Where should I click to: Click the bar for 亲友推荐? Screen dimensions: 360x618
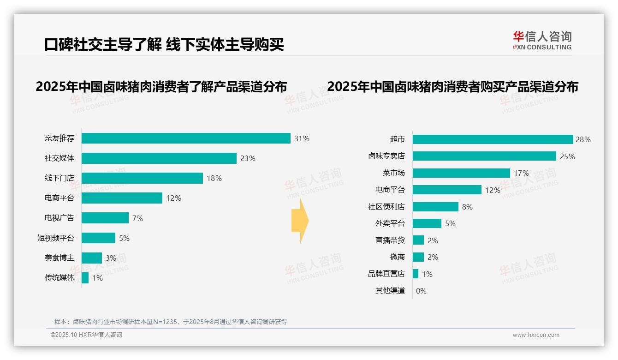pyautogui.click(x=186, y=138)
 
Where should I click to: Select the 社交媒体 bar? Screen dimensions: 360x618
pyautogui.click(x=159, y=158)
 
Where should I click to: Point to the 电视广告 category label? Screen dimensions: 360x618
pyautogui.click(x=59, y=218)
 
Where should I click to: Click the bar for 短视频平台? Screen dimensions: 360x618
pyautogui.click(x=99, y=238)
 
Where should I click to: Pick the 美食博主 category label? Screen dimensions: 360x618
pyautogui.click(x=59, y=258)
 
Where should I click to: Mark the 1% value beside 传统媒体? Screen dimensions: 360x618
pyautogui.click(x=97, y=278)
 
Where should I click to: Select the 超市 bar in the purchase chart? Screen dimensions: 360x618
pyautogui.click(x=493, y=139)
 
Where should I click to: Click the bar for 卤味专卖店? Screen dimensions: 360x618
pyautogui.click(x=484, y=156)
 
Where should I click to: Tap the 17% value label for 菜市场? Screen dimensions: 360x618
pyautogui.click(x=522, y=173)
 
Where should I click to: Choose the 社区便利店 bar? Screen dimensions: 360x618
pyautogui.click(x=435, y=207)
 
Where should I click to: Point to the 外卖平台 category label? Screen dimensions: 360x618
pyautogui.click(x=390, y=223)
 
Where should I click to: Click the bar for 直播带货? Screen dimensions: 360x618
pyautogui.click(x=418, y=240)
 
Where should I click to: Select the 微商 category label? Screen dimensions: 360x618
pyautogui.click(x=397, y=257)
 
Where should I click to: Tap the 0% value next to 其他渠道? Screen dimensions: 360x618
pyautogui.click(x=421, y=291)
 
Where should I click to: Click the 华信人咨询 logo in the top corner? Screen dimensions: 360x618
pyautogui.click(x=542, y=41)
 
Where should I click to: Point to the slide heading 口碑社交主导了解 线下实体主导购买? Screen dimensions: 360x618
pyautogui.click(x=164, y=44)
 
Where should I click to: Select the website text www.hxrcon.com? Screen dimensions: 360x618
pyautogui.click(x=536, y=335)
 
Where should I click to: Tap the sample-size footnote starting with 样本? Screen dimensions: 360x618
pyautogui.click(x=171, y=322)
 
